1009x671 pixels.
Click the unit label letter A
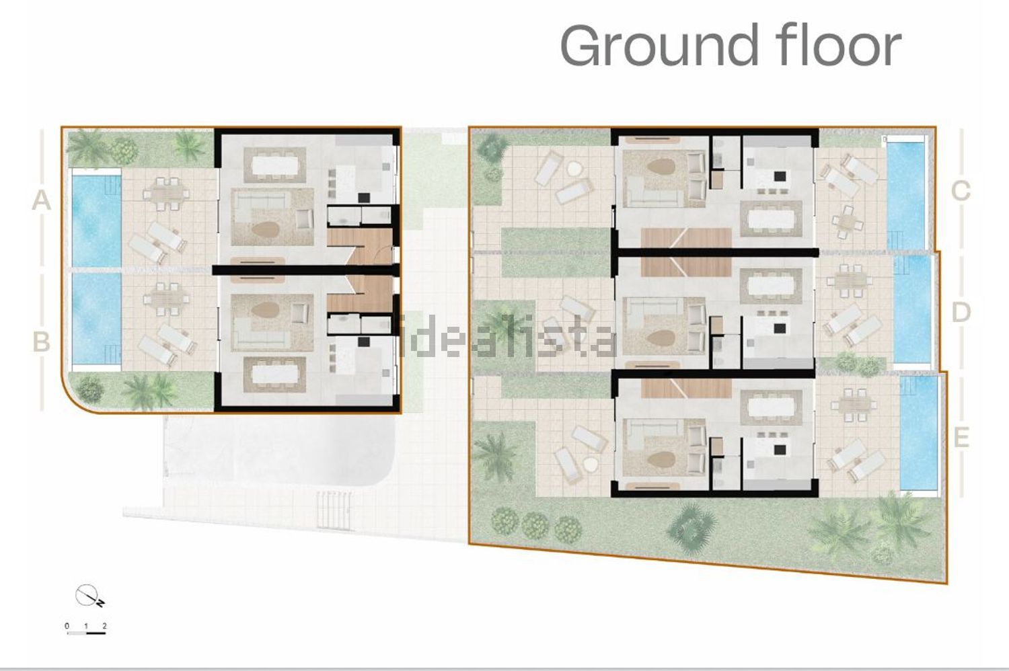pyautogui.click(x=41, y=200)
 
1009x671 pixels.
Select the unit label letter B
pyautogui.click(x=42, y=342)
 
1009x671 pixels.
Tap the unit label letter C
pyautogui.click(x=960, y=191)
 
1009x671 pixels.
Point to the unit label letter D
pyautogui.click(x=961, y=312)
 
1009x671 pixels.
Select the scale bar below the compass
pyautogui.click(x=86, y=633)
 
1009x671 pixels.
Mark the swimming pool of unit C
pyautogui.click(x=906, y=196)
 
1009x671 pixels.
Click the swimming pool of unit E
pyautogui.click(x=918, y=433)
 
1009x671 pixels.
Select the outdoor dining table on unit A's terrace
pyautogui.click(x=166, y=194)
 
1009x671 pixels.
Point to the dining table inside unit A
pyautogui.click(x=274, y=165)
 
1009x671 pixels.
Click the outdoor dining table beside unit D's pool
pyautogui.click(x=850, y=280)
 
